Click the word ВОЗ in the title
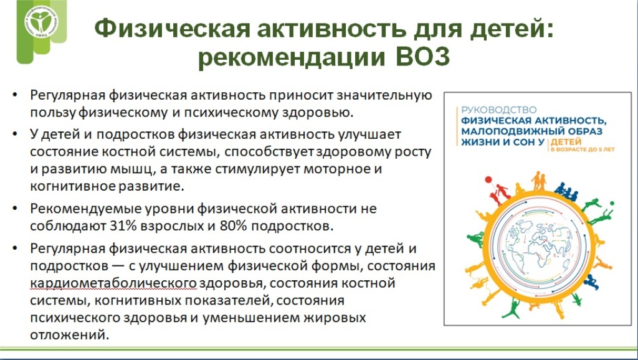(423, 57)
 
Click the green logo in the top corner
(41, 23)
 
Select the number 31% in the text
(123, 225)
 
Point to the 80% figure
(233, 225)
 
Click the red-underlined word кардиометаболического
(113, 283)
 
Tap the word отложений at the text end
(70, 335)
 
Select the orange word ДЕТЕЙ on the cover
(566, 142)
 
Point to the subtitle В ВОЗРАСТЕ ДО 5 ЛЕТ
(583, 149)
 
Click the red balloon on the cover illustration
(489, 180)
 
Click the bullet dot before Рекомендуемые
(15, 209)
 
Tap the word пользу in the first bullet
(53, 113)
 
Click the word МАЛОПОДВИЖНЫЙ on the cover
(511, 131)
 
